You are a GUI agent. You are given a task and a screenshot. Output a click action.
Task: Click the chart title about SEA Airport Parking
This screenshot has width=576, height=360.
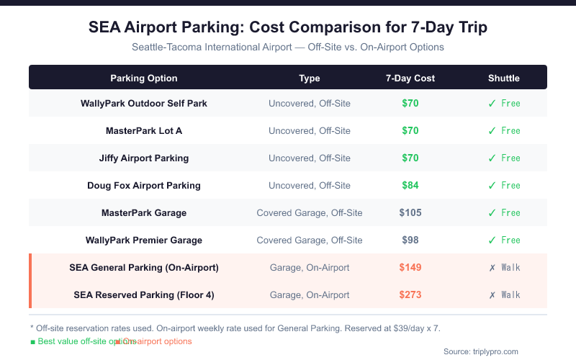pos(288,27)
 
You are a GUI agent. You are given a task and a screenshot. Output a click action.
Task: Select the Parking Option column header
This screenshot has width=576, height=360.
pos(144,78)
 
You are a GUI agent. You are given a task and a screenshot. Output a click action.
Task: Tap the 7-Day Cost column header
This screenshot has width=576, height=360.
pos(410,78)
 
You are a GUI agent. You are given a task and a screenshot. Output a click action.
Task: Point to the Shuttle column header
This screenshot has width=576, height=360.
pos(504,78)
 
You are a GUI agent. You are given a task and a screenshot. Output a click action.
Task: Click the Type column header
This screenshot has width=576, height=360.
pos(310,78)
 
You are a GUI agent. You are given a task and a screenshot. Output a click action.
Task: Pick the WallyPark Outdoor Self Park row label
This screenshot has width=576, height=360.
pos(144,103)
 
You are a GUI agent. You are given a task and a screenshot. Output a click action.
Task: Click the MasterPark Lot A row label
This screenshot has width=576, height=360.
pos(144,130)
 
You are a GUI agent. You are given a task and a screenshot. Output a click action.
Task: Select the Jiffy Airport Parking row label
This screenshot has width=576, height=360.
pos(144,158)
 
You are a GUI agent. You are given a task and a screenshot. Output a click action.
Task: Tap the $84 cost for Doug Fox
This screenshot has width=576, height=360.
pos(410,185)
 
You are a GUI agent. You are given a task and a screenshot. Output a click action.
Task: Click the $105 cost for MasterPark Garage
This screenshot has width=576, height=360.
pos(410,212)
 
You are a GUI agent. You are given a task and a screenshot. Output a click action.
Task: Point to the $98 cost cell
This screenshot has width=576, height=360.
pos(410,240)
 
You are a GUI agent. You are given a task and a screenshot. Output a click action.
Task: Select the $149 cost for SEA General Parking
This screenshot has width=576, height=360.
pos(410,267)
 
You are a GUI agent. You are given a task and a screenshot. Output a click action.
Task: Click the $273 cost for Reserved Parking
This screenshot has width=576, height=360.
pos(410,294)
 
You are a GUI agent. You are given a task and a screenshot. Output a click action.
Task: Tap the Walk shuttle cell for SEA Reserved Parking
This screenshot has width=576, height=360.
pos(504,294)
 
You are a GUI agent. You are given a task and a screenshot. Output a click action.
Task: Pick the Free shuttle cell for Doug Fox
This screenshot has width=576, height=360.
pos(504,185)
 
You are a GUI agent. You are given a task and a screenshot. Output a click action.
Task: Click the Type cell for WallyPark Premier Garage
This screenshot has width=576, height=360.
pos(310,240)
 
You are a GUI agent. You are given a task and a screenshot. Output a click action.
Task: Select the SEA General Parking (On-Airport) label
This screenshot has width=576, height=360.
pos(144,267)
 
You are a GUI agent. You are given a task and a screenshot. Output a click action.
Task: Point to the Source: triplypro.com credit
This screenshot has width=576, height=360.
pos(481,351)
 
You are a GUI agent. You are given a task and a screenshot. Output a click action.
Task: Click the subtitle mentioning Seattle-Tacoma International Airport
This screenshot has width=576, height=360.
pos(288,47)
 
